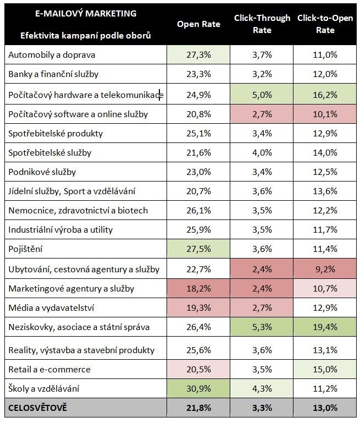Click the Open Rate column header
pos(198,24)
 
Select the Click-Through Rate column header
pos(262,24)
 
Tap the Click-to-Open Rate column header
pos(325,24)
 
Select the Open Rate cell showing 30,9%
pos(198,389)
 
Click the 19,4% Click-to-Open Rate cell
pos(325,328)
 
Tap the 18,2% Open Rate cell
pos(198,288)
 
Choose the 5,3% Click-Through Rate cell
pos(262,328)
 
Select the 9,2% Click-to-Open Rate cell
pos(325,269)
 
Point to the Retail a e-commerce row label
pos(49,369)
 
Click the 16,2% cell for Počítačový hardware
pos(325,95)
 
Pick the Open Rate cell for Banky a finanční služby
pos(198,74)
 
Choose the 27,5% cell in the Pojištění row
pos(198,249)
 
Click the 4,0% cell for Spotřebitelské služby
pos(262,152)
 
